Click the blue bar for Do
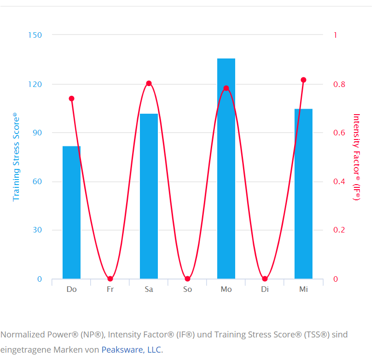(x=71, y=212)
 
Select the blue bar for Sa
(x=149, y=196)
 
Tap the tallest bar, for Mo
(x=226, y=168)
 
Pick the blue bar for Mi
(x=303, y=194)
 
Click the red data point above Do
(x=71, y=99)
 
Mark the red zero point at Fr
(x=110, y=279)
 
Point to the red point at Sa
(x=149, y=83)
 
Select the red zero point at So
(x=187, y=279)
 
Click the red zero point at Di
(x=265, y=279)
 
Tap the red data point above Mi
(x=303, y=80)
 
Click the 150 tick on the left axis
(x=35, y=35)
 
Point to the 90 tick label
(x=37, y=133)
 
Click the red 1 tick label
(x=335, y=35)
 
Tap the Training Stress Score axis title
(x=16, y=157)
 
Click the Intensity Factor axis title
(x=356, y=157)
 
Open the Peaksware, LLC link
(x=131, y=350)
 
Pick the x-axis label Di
(x=265, y=290)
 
